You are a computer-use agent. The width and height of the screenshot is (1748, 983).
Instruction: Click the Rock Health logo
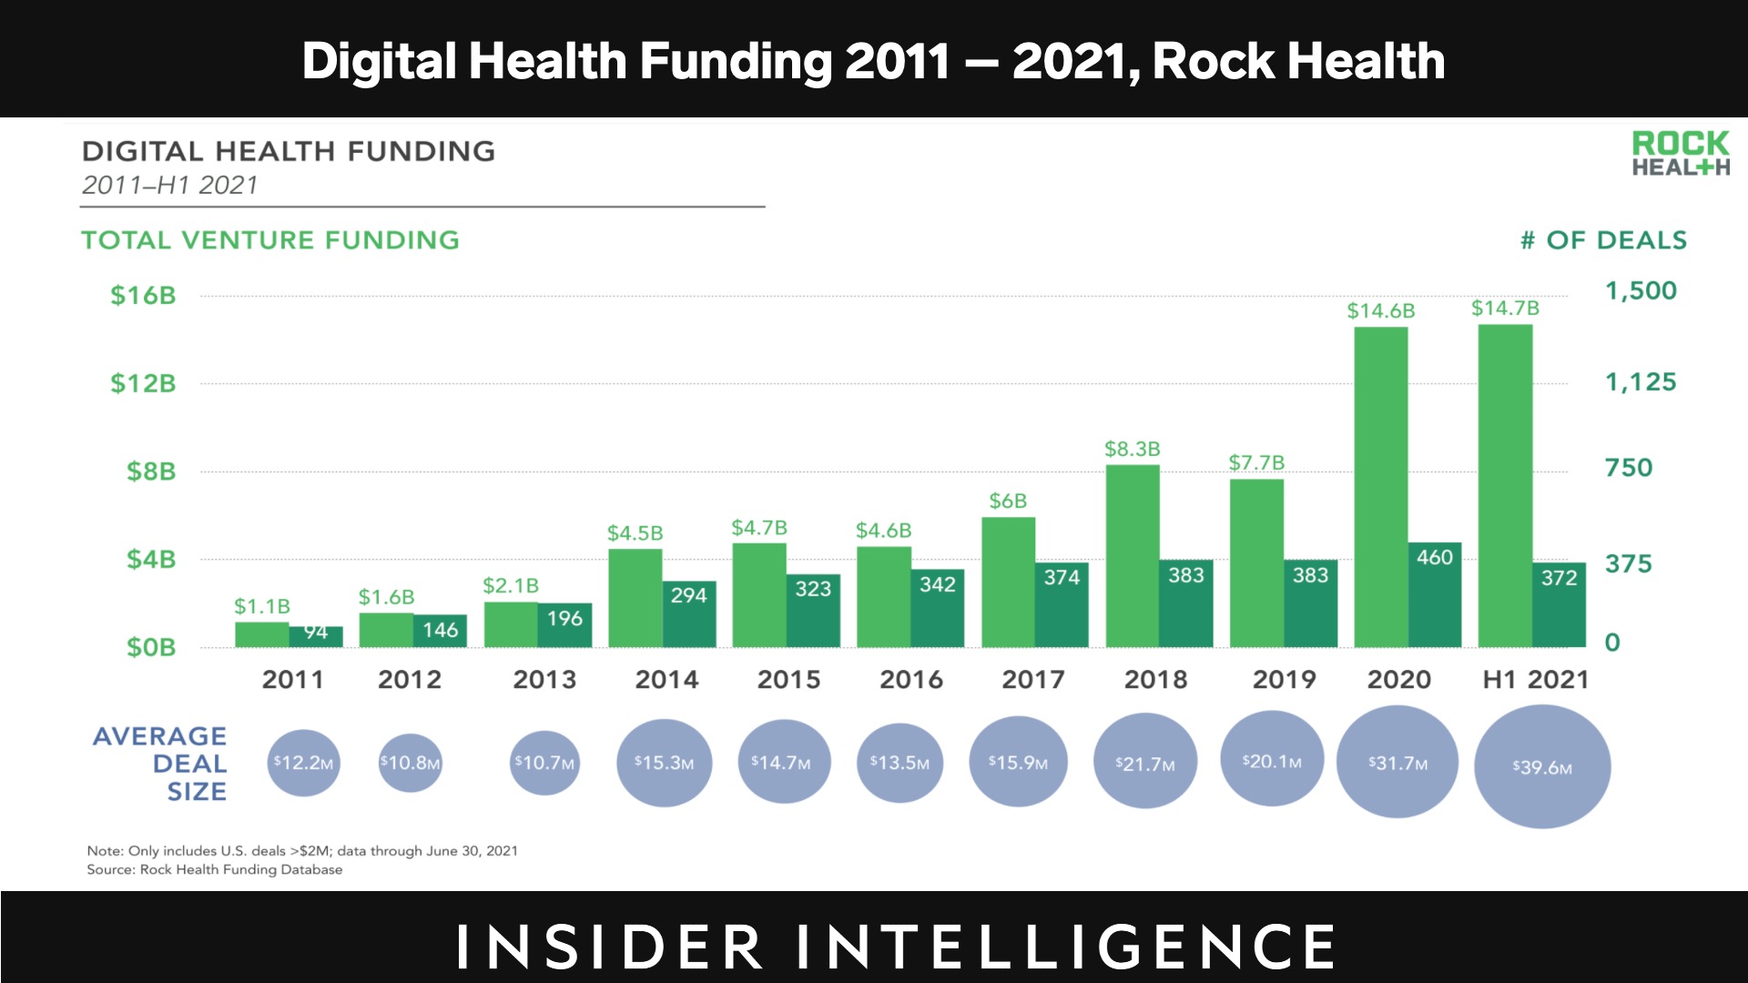pos(1680,154)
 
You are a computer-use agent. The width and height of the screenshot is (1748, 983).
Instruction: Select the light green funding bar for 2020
pos(1380,487)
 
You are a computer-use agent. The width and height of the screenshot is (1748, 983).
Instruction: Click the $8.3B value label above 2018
pos(1132,449)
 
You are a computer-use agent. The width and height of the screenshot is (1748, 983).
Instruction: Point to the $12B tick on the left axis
pos(143,383)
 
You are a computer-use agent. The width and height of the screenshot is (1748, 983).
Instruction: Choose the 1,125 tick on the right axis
pos(1640,381)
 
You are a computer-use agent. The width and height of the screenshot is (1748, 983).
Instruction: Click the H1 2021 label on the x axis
pos(1535,679)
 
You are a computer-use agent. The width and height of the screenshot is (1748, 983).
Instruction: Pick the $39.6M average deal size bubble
pos(1541,767)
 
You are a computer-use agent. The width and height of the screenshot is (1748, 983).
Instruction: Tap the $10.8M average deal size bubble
pos(410,763)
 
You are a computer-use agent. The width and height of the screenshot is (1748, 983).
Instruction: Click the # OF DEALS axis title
pos(1603,240)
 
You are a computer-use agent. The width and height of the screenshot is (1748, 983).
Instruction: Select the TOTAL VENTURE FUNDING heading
pos(270,240)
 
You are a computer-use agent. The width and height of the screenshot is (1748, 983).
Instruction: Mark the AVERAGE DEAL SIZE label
pos(160,763)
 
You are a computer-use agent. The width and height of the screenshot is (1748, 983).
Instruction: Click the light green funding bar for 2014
pos(635,598)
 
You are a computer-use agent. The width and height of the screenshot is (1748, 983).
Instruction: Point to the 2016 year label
pos(910,679)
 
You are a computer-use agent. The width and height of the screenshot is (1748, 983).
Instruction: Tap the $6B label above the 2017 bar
pos(1008,501)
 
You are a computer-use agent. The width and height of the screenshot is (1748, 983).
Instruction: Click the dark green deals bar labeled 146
pos(441,631)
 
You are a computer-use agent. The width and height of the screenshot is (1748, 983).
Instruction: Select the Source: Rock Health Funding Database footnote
pos(215,869)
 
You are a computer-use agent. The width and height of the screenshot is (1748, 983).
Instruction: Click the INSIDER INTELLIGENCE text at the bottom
pos(896,946)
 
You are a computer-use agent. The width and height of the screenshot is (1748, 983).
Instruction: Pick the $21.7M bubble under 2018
pos(1144,763)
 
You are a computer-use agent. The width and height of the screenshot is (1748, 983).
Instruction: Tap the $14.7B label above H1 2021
pos(1505,309)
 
